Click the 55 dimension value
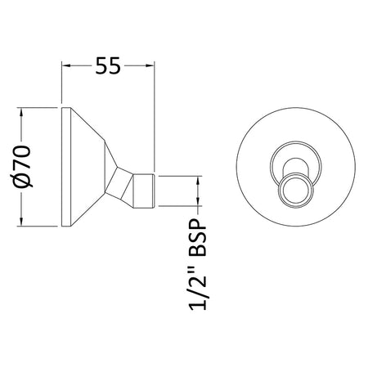tap(108, 65)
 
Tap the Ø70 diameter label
tap(21, 166)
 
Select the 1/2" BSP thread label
tap(197, 264)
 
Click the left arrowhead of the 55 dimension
tap(66, 65)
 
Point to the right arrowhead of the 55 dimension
tap(150, 65)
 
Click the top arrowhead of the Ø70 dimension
tap(21, 113)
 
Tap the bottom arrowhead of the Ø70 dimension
tap(21, 222)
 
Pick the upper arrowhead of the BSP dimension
tap(198, 181)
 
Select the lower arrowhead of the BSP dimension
tap(198, 201)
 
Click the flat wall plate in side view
tap(66, 167)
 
